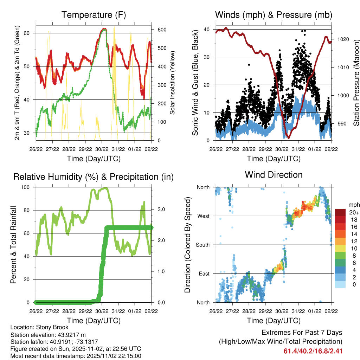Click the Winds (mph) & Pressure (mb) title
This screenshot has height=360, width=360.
(x=274, y=15)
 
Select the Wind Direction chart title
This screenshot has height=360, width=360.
(x=274, y=175)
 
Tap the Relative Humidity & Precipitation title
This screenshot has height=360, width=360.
(x=93, y=177)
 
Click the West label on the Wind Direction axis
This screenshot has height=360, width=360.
(x=203, y=216)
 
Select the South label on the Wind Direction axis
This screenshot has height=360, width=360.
(x=202, y=245)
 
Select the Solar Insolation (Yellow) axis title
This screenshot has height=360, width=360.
(x=173, y=83)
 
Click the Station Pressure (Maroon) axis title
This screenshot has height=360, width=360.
(x=356, y=83)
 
